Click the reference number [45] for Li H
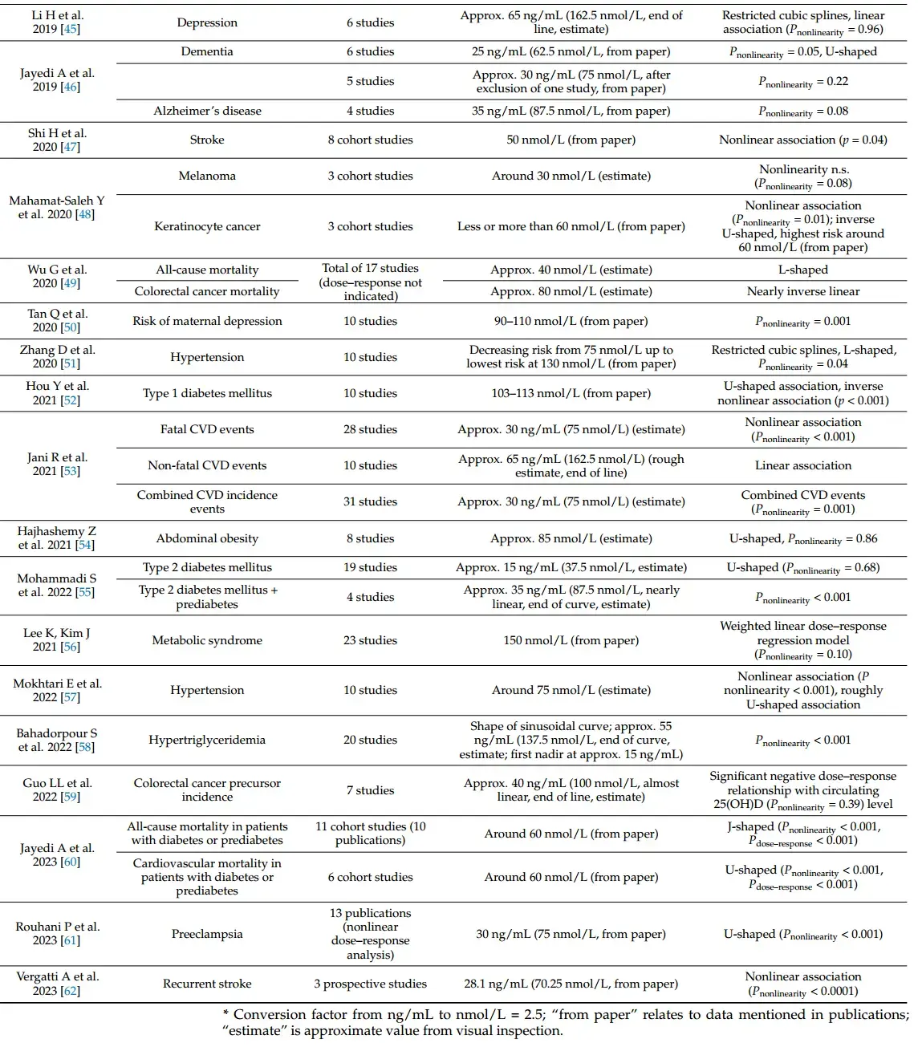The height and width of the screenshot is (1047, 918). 71,29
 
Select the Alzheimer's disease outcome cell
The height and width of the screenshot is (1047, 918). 207,111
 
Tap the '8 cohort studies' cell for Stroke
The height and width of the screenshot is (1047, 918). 370,140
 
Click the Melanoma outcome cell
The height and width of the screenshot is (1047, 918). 207,176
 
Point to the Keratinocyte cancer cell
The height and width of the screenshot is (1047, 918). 207,226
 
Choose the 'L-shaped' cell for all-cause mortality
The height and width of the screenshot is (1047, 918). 802,270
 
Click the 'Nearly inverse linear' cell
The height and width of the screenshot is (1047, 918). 802,291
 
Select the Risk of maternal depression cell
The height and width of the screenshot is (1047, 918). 207,321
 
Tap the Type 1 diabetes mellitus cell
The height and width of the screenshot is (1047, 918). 207,393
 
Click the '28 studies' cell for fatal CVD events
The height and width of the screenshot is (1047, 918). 370,429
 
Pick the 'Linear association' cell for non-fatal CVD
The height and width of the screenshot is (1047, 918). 802,465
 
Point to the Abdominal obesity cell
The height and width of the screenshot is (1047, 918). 207,538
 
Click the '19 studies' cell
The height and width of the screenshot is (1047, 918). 370,567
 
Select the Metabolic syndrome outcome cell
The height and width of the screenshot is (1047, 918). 207,640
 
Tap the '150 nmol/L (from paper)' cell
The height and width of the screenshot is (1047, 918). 571,640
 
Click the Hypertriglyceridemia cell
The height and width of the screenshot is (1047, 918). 207,740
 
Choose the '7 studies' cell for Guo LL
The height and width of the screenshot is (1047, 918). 370,790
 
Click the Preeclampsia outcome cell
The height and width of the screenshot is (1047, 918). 207,934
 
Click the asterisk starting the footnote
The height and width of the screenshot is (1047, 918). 225,1013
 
